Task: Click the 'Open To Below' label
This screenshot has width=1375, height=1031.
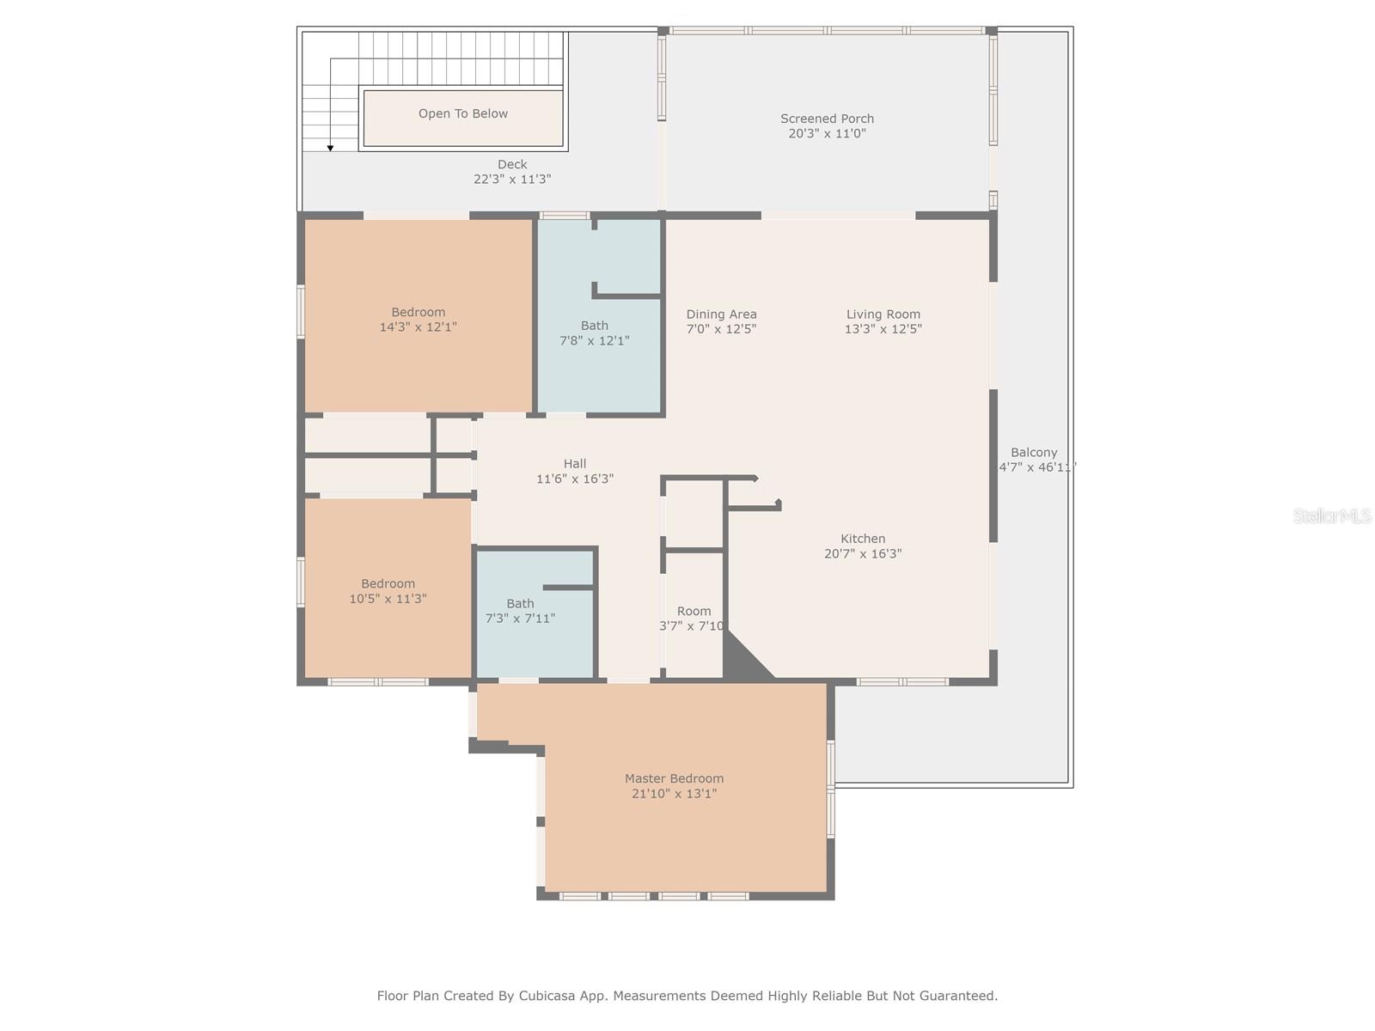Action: click(462, 113)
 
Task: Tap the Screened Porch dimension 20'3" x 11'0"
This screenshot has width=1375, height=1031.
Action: click(827, 134)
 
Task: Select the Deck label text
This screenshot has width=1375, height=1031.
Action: click(512, 164)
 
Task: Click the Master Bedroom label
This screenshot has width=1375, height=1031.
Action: click(674, 778)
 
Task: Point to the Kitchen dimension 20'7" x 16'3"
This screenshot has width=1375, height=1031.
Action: click(863, 554)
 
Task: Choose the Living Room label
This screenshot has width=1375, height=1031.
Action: click(883, 314)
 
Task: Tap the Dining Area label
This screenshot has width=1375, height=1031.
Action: click(721, 314)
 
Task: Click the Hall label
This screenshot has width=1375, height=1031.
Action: click(575, 464)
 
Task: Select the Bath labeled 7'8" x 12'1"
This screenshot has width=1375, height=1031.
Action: click(594, 326)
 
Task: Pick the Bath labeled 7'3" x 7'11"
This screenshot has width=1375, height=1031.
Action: click(520, 604)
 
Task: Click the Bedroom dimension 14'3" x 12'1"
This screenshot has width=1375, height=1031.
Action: click(418, 327)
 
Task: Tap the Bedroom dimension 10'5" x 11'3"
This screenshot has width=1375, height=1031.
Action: click(388, 599)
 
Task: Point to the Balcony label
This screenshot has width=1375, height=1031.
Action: click(1034, 453)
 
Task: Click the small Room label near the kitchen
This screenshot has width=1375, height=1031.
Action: click(694, 612)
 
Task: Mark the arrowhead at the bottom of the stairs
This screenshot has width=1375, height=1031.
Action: click(330, 149)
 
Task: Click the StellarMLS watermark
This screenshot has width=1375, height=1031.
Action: click(1332, 515)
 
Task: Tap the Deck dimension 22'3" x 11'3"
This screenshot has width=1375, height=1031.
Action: click(512, 180)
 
